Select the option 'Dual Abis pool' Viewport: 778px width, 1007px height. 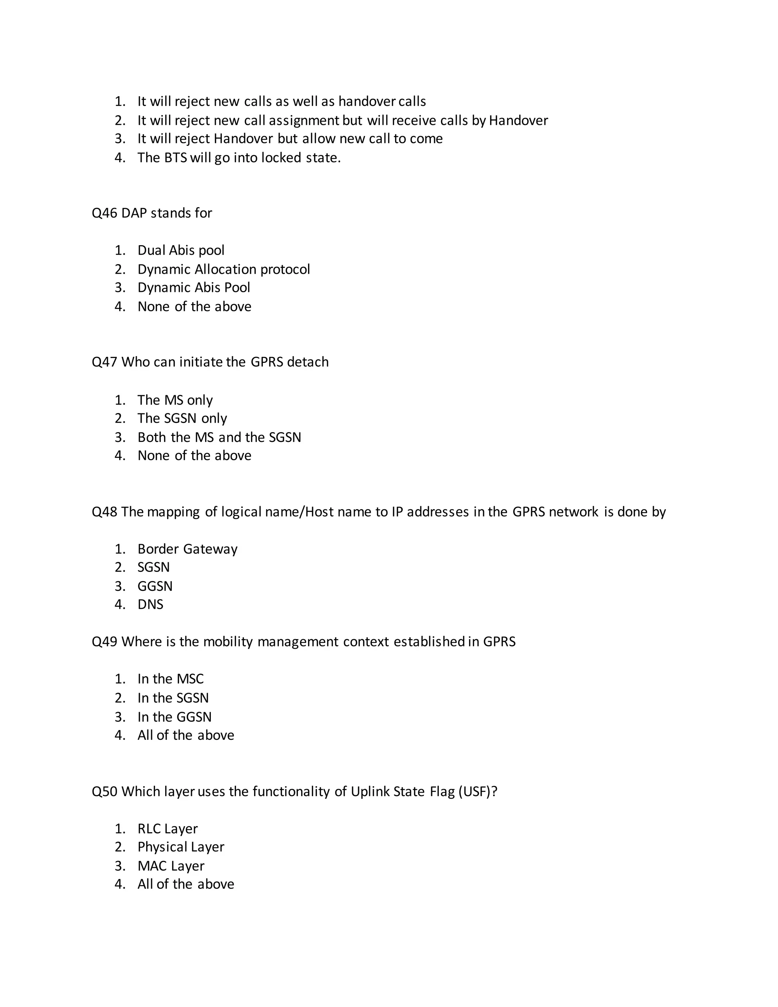[x=181, y=250]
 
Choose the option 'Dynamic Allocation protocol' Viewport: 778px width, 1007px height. [x=223, y=269]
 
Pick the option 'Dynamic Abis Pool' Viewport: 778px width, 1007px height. [x=194, y=288]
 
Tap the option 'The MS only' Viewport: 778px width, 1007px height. [x=175, y=400]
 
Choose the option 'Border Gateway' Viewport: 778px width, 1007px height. [x=187, y=549]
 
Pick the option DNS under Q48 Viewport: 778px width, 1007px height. [x=150, y=605]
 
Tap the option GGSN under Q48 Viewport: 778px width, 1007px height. [x=155, y=586]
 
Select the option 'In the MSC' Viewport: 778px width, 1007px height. [x=170, y=679]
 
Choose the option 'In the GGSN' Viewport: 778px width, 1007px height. [x=174, y=717]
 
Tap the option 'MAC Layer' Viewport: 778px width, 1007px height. [x=171, y=866]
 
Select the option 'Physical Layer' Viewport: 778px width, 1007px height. [x=181, y=847]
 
